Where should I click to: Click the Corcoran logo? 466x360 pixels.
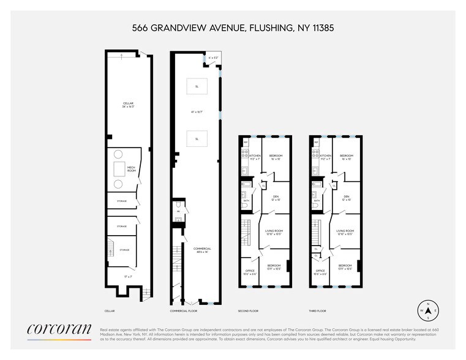[59, 331]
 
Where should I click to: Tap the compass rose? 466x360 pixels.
[427, 310]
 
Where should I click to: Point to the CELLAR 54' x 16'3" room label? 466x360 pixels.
[128, 105]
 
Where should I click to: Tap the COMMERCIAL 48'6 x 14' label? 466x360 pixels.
[202, 250]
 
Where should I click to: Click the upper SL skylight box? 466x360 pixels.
[197, 86]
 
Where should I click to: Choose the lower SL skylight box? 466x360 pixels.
[197, 139]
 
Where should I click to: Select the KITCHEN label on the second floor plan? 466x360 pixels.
[255, 157]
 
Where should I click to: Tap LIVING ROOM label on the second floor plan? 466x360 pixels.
[274, 232]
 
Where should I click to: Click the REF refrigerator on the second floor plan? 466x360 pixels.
[246, 143]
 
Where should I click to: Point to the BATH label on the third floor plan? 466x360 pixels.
[317, 201]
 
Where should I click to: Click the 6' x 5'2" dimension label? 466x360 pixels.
[213, 58]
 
